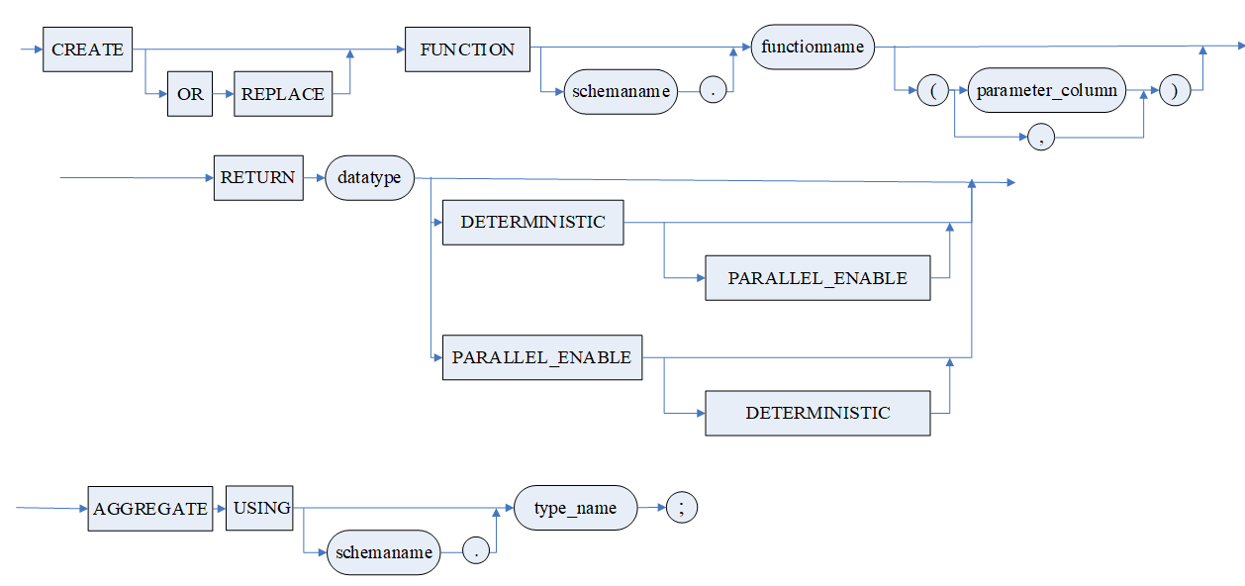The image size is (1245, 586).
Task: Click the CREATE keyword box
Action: pos(87,49)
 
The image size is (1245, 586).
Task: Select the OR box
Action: pos(190,95)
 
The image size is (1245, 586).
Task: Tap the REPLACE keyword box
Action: pos(282,95)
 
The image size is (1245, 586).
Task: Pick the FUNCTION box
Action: pos(467,49)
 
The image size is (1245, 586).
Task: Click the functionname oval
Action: pos(813,47)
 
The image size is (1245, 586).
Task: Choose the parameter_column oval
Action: pos(1046,90)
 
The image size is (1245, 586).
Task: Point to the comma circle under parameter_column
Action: pos(1041,138)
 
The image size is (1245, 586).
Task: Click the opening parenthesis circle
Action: pos(933,91)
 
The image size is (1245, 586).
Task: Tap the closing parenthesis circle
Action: pos(1175,90)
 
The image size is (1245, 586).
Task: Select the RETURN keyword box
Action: pos(258,178)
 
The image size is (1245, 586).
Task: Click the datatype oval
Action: pos(369,178)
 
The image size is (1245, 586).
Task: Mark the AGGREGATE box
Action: pos(150,509)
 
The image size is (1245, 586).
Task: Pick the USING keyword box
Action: pos(261,508)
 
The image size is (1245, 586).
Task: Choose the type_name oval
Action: pos(575,508)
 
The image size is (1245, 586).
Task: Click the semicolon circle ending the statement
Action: pos(682,508)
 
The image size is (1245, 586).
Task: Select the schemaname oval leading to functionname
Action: pos(622,92)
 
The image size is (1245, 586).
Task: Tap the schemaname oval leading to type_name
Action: pos(383,552)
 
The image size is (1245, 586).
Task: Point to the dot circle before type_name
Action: pos(476,552)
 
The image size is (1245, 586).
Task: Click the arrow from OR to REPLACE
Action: pos(223,95)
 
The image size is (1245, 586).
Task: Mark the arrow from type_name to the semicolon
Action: pos(652,508)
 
